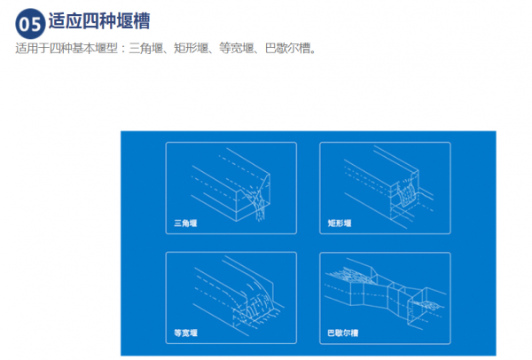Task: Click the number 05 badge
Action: [x=30, y=24]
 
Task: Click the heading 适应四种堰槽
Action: [x=99, y=21]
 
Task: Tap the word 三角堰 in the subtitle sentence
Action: [x=145, y=49]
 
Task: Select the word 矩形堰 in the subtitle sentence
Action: [x=191, y=49]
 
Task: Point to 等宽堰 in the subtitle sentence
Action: [x=236, y=49]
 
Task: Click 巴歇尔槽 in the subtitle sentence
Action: [x=287, y=49]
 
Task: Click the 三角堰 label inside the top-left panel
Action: [x=185, y=223]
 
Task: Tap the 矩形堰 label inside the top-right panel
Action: [x=340, y=223]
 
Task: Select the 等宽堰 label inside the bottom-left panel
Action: [x=185, y=333]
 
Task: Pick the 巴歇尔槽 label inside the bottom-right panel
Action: [x=342, y=333]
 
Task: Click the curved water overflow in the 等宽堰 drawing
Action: [x=258, y=299]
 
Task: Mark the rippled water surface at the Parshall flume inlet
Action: [x=349, y=274]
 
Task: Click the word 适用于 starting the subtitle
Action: [x=32, y=49]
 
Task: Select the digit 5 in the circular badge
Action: [x=36, y=25]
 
